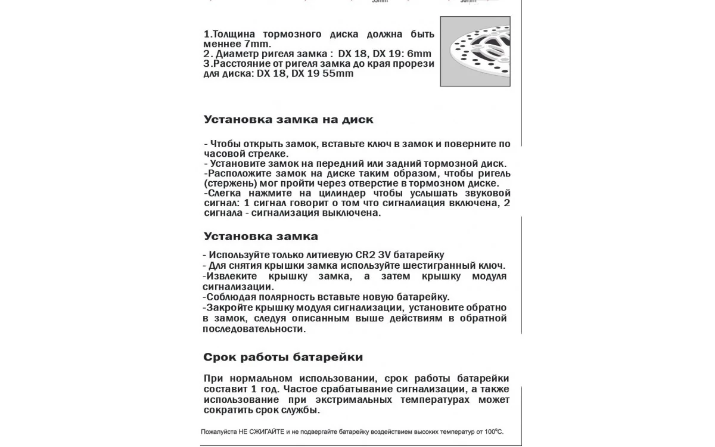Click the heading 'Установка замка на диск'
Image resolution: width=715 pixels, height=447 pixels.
[288, 119]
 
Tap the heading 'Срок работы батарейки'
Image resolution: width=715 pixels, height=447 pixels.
[283, 358]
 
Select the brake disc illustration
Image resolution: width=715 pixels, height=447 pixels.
[475, 51]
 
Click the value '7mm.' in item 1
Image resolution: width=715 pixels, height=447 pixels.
[257, 44]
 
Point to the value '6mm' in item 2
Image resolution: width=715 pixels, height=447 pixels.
[418, 54]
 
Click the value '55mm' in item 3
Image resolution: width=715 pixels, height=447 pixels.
[337, 73]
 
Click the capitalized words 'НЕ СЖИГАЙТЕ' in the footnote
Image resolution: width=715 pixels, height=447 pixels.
[260, 431]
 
